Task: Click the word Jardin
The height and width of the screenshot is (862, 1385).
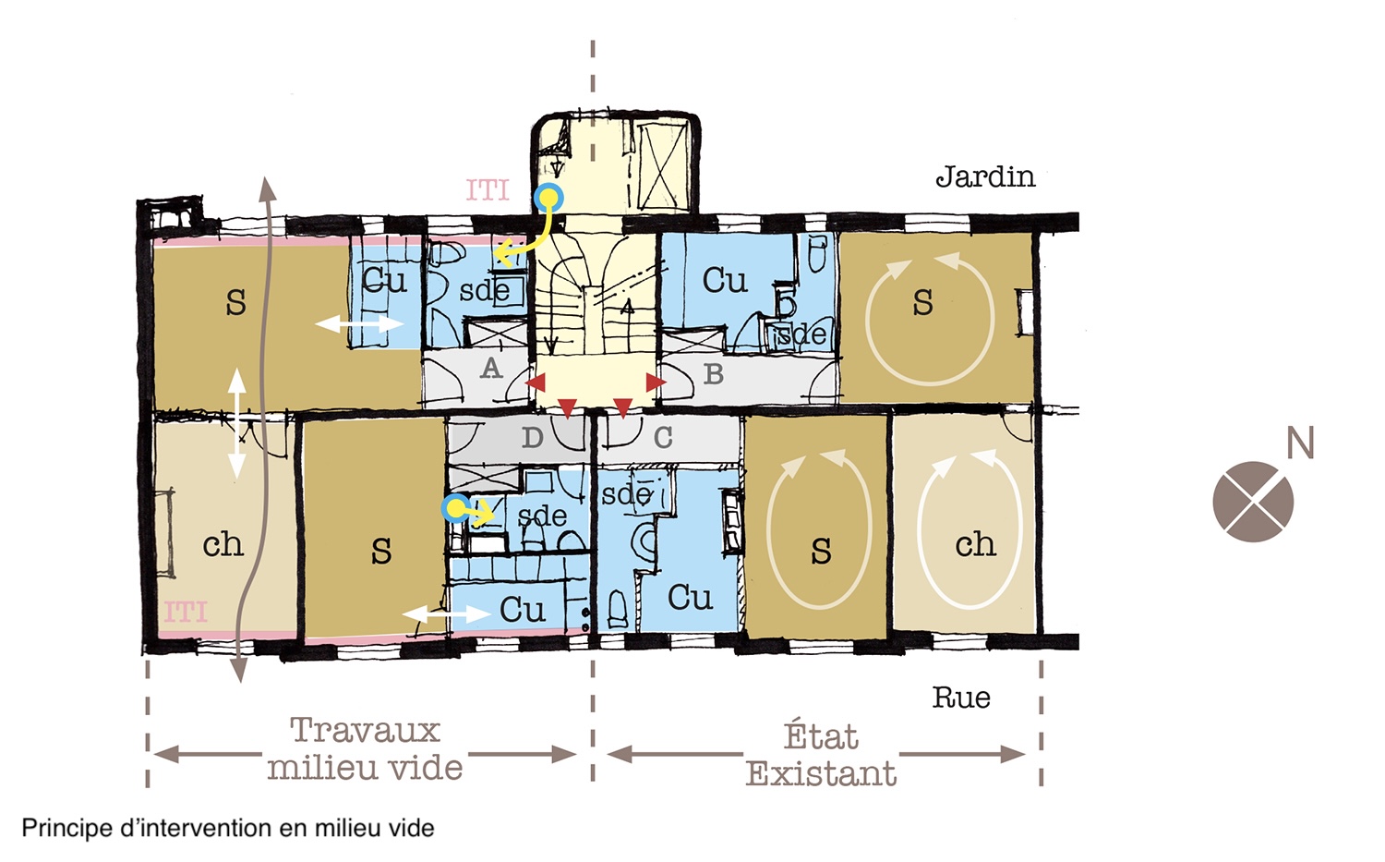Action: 985,177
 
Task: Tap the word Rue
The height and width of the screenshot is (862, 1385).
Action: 961,698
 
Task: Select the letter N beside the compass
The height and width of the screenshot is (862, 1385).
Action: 1300,443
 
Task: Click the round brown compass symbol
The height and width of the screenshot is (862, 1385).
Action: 1253,502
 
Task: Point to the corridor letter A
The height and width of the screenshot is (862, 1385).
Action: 491,369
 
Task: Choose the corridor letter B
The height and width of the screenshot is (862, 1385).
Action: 714,374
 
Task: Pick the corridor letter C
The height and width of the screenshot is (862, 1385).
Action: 663,438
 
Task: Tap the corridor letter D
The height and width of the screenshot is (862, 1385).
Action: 533,438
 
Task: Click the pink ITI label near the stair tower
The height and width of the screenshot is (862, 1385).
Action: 488,190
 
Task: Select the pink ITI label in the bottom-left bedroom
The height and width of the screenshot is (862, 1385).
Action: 186,613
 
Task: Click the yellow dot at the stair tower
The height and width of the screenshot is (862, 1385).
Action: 548,198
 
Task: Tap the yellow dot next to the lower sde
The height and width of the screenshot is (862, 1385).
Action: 456,509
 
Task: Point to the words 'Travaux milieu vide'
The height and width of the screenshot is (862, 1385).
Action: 365,748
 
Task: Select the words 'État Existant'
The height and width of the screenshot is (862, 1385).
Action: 821,755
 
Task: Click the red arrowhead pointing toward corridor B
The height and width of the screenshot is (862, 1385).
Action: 656,382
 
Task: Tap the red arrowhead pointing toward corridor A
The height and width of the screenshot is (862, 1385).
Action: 536,382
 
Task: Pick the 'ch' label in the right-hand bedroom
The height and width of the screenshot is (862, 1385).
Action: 975,545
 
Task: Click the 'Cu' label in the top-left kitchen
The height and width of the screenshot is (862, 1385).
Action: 384,281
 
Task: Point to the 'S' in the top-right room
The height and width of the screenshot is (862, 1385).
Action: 922,303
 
